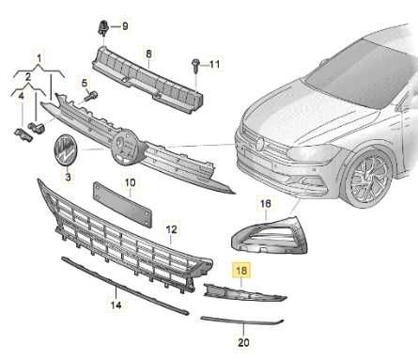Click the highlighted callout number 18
pos(241,270)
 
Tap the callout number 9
pos(125,26)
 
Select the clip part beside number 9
pos(103,27)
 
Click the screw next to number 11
pos(194,65)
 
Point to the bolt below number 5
pos(91,96)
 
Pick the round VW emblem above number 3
pos(67,151)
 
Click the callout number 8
pos(148,54)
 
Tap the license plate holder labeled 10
pos(122,204)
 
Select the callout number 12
pos(171,229)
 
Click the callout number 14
pos(116,305)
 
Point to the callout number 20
pos(243,342)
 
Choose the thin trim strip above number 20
pos(242,321)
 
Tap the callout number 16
pos(265,204)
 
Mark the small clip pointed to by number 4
pos(23,133)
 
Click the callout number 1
pos(39,58)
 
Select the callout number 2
pos(28,76)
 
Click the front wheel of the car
pos(369,180)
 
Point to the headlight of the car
pos(313,153)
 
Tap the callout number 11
pos(214,65)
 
